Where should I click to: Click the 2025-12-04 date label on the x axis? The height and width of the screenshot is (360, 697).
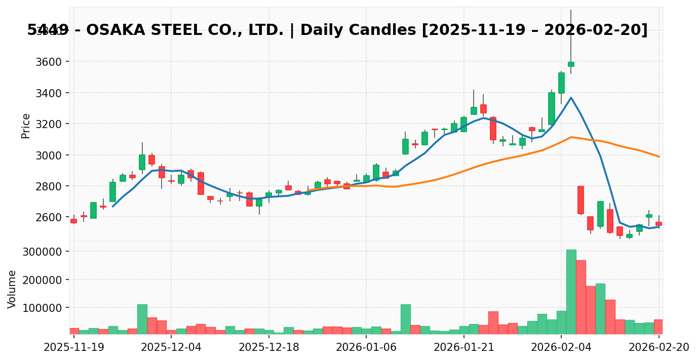pyautogui.click(x=171, y=347)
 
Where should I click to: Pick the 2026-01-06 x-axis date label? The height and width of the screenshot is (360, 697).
pyautogui.click(x=366, y=347)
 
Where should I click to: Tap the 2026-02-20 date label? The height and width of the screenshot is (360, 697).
pyautogui.click(x=659, y=347)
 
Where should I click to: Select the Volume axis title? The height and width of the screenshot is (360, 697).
pyautogui.click(x=12, y=289)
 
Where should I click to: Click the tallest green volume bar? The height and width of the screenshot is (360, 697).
pyautogui.click(x=571, y=292)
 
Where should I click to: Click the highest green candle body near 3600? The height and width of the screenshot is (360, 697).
pyautogui.click(x=571, y=64)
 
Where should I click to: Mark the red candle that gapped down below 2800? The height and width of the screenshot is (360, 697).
pyautogui.click(x=580, y=200)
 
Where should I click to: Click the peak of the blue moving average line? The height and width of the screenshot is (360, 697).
pyautogui.click(x=571, y=97)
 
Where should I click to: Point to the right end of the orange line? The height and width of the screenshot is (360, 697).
pyautogui.click(x=659, y=156)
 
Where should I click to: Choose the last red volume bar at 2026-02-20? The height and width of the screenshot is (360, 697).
pyautogui.click(x=659, y=327)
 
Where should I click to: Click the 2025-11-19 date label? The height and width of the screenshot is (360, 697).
pyautogui.click(x=74, y=347)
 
